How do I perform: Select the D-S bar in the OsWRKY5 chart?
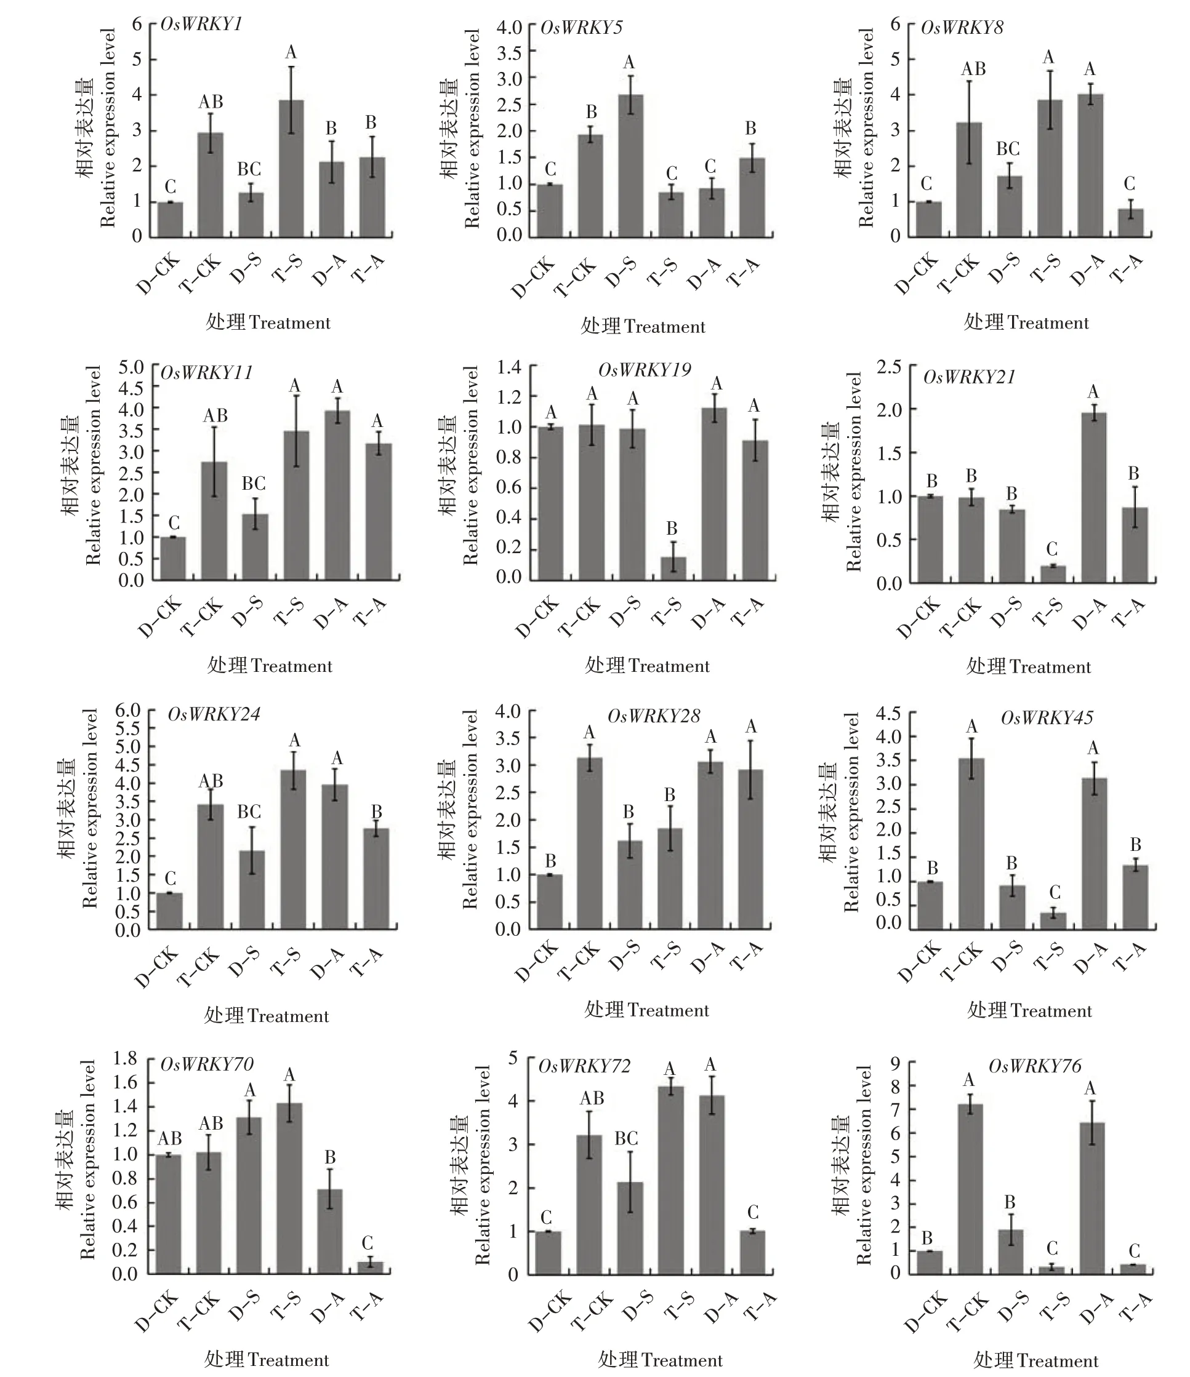631,166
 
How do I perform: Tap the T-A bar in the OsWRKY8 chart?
1130,223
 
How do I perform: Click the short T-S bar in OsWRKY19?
673,568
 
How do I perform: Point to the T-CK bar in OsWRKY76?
970,1189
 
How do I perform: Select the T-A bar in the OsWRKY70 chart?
370,1267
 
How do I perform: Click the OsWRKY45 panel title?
1047,718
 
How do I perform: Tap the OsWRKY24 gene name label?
214,714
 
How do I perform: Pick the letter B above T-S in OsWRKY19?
672,529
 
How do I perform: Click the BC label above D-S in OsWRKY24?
249,812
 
